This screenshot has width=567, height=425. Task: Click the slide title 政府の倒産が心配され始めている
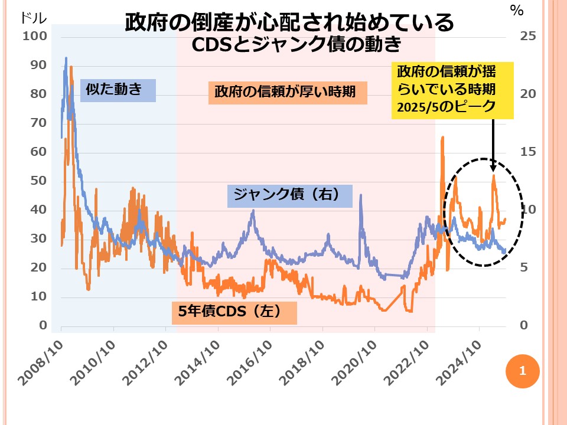click(x=289, y=22)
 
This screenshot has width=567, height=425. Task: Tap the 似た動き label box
click(x=118, y=90)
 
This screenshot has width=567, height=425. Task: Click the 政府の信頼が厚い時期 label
click(x=288, y=93)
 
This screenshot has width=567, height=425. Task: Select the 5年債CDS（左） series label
click(x=234, y=311)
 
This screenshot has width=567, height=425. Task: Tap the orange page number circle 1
click(x=522, y=371)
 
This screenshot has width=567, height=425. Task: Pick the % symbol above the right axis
click(x=517, y=10)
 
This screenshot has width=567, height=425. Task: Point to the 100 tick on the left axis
click(x=34, y=37)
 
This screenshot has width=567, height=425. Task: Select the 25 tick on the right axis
click(x=527, y=37)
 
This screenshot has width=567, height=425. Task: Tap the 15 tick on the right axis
click(x=527, y=152)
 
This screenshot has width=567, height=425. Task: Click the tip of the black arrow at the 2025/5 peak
click(x=493, y=172)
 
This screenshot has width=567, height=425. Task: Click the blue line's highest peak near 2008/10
click(x=66, y=58)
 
